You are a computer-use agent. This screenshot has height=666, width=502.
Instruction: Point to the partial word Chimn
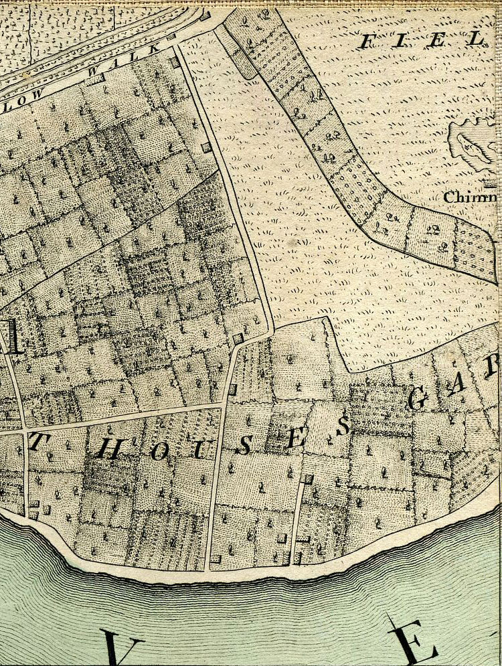tap(471, 197)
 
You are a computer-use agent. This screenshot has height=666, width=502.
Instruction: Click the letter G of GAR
tap(418, 400)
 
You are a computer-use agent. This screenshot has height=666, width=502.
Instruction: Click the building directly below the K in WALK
tap(175, 62)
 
